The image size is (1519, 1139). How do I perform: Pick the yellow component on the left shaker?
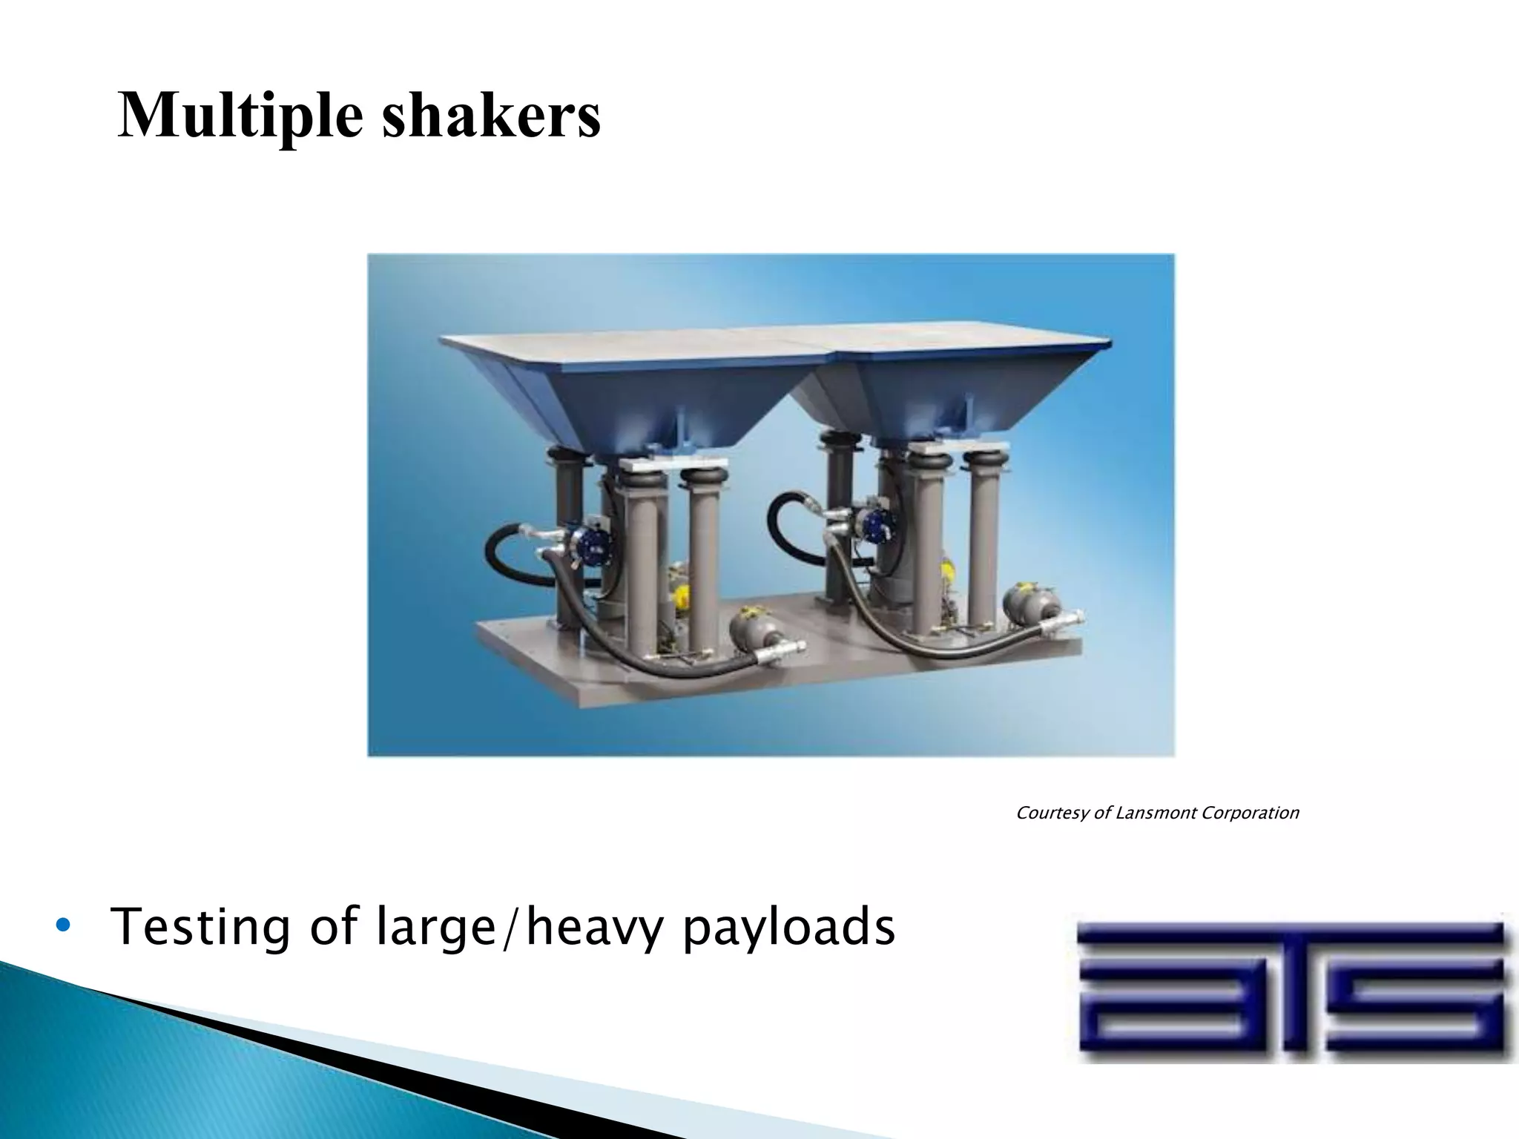pos(681,593)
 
